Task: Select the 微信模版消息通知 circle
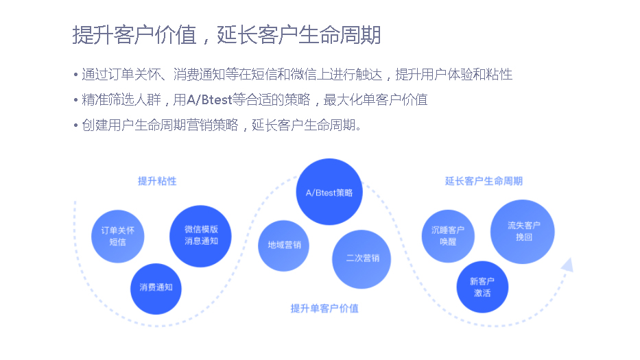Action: (x=200, y=235)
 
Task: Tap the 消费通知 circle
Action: (x=156, y=288)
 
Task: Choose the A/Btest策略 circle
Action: (x=329, y=193)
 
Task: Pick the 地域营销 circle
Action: (x=283, y=245)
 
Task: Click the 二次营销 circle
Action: (x=362, y=259)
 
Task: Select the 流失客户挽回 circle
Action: (x=523, y=232)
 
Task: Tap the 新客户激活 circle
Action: (x=482, y=287)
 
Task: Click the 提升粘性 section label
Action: (x=157, y=181)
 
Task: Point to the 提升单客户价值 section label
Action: (x=324, y=309)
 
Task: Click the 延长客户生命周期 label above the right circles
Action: (x=484, y=181)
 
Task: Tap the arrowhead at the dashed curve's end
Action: (x=567, y=265)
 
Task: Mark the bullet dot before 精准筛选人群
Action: (x=75, y=100)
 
